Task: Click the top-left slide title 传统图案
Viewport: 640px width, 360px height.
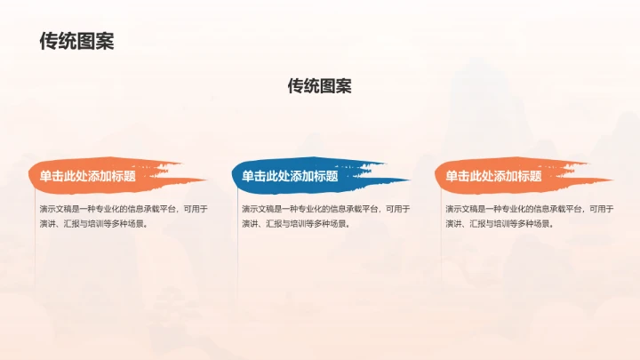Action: click(x=77, y=41)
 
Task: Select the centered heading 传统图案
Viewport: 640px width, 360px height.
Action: click(x=319, y=86)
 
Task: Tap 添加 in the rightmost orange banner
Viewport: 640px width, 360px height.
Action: click(x=506, y=176)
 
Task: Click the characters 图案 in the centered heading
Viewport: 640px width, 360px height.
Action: click(x=335, y=86)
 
